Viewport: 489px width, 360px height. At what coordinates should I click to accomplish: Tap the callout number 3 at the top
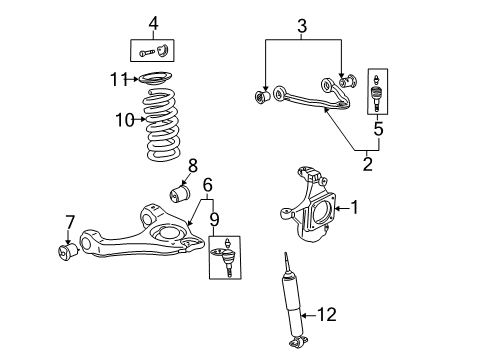point(301,23)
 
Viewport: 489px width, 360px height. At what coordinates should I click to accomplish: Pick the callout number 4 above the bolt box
point(153,22)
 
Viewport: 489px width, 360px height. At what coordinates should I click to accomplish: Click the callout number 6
point(208,184)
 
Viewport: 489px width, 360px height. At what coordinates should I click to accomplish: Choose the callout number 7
point(69,220)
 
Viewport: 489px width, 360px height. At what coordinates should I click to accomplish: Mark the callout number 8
point(192,165)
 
